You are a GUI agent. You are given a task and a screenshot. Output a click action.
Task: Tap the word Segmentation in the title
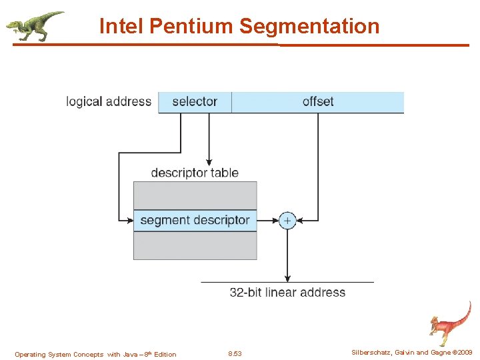point(309,27)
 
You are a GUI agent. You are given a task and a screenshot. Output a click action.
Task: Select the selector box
point(195,102)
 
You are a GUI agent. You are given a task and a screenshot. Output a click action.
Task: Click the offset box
point(318,102)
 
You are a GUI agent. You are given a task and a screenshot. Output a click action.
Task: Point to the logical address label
point(109,102)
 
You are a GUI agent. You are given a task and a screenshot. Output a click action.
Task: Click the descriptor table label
point(195,173)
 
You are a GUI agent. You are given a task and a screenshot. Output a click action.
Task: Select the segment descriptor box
point(195,220)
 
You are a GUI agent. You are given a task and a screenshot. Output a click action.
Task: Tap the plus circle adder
point(287,220)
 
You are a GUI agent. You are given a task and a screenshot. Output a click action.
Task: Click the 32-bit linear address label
point(287,293)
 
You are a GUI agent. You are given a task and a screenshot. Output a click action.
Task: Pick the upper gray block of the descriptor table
point(195,195)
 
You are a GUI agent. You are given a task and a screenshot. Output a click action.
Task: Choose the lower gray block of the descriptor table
point(195,246)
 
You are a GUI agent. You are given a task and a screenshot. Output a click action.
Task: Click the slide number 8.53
point(235,354)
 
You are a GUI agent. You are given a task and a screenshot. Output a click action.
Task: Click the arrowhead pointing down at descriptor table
point(209,162)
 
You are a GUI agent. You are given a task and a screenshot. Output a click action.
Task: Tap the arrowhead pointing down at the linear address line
point(287,278)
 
